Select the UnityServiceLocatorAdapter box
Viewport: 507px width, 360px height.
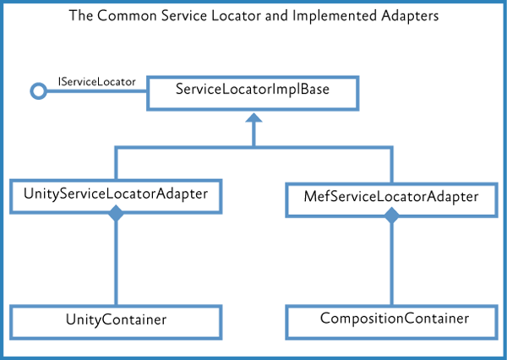coord(116,194)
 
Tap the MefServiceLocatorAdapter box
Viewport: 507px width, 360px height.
coord(390,197)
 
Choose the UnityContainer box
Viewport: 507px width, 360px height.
coord(116,320)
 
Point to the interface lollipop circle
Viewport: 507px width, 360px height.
coord(37,92)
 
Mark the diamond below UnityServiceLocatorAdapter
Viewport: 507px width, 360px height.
coord(116,216)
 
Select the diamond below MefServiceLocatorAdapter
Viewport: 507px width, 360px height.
coord(390,217)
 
